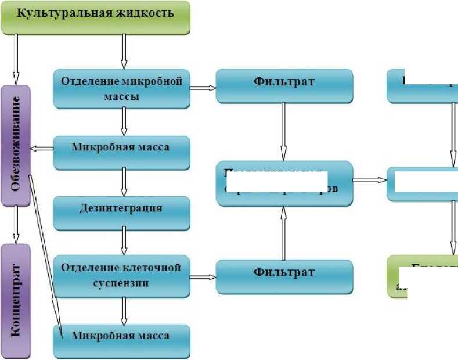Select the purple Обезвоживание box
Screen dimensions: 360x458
click(x=16, y=145)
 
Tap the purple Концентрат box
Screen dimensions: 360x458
click(x=16, y=300)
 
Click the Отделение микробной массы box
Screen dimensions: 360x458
click(x=121, y=88)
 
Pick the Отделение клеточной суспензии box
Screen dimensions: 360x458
click(x=121, y=275)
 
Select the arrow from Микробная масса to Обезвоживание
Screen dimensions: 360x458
click(x=41, y=149)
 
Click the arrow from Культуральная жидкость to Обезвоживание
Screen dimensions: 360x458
click(x=16, y=58)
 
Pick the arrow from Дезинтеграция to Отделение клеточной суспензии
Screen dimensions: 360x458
click(x=123, y=241)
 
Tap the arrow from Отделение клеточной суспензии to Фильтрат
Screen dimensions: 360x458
click(x=203, y=277)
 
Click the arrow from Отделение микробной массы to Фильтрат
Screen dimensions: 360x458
click(x=203, y=88)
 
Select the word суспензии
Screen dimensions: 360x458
click(x=121, y=283)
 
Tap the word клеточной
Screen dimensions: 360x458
click(x=153, y=268)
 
